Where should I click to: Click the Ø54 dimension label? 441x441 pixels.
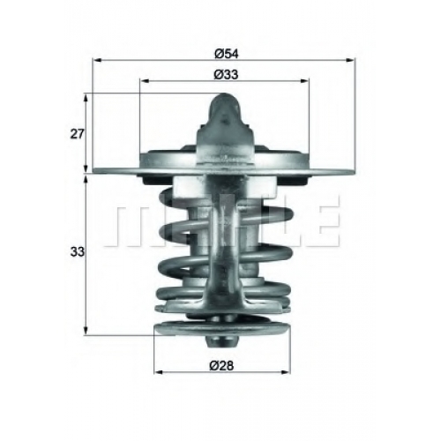click(226, 54)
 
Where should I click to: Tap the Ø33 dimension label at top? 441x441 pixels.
click(226, 75)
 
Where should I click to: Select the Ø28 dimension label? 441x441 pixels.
click(221, 366)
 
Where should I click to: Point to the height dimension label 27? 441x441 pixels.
click(77, 134)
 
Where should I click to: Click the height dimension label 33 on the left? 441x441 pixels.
click(77, 252)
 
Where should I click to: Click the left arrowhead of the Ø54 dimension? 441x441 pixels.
click(96, 60)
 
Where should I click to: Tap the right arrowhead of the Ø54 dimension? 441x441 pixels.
click(351, 60)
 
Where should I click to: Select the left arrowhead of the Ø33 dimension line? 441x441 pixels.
click(145, 80)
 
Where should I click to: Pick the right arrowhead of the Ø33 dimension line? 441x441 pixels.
click(305, 80)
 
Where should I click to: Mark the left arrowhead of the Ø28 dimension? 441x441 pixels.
click(159, 372)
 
